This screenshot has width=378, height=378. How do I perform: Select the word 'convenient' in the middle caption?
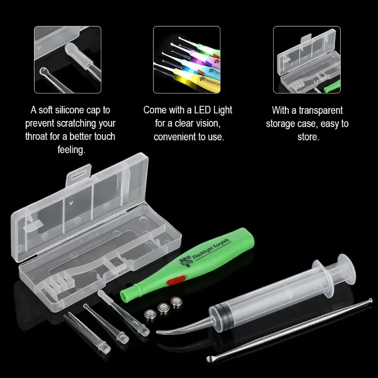point(176,137)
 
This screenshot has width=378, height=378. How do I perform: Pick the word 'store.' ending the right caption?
point(307,137)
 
